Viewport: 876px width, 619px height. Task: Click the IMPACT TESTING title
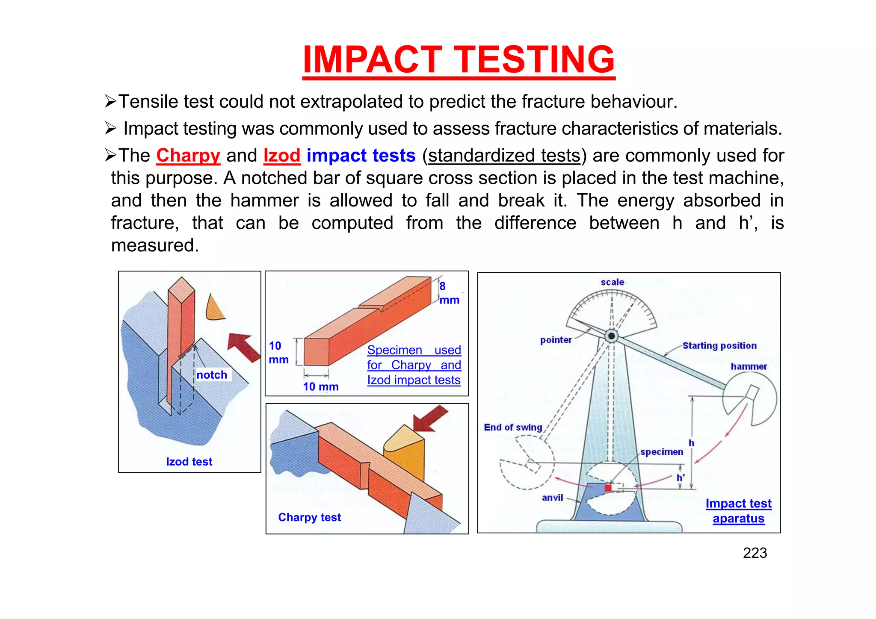[x=459, y=60]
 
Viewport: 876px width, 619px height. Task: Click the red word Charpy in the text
[x=188, y=156]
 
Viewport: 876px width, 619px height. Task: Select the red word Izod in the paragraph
[x=281, y=156]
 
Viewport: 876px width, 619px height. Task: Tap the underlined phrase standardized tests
[x=504, y=156]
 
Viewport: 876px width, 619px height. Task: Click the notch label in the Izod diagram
[x=212, y=375]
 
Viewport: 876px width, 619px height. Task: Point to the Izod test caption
[x=189, y=462]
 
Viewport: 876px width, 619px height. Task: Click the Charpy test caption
[x=309, y=517]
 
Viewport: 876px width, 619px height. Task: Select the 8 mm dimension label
[x=449, y=293]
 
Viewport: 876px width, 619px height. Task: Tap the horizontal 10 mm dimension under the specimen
[x=321, y=386]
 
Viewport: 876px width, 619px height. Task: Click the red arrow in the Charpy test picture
[x=430, y=419]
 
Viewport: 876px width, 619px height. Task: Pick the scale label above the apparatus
[x=612, y=282]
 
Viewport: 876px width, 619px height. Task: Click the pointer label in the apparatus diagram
[x=556, y=340]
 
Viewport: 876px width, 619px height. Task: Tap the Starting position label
[x=719, y=345]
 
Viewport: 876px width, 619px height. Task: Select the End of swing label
[x=513, y=427]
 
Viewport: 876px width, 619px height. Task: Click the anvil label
[x=552, y=498]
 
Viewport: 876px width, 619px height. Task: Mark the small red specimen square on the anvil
[x=608, y=488]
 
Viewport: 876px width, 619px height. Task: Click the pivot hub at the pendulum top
[x=612, y=336]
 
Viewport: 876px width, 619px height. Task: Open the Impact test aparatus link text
[x=738, y=511]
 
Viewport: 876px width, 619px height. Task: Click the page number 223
[x=755, y=553]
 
